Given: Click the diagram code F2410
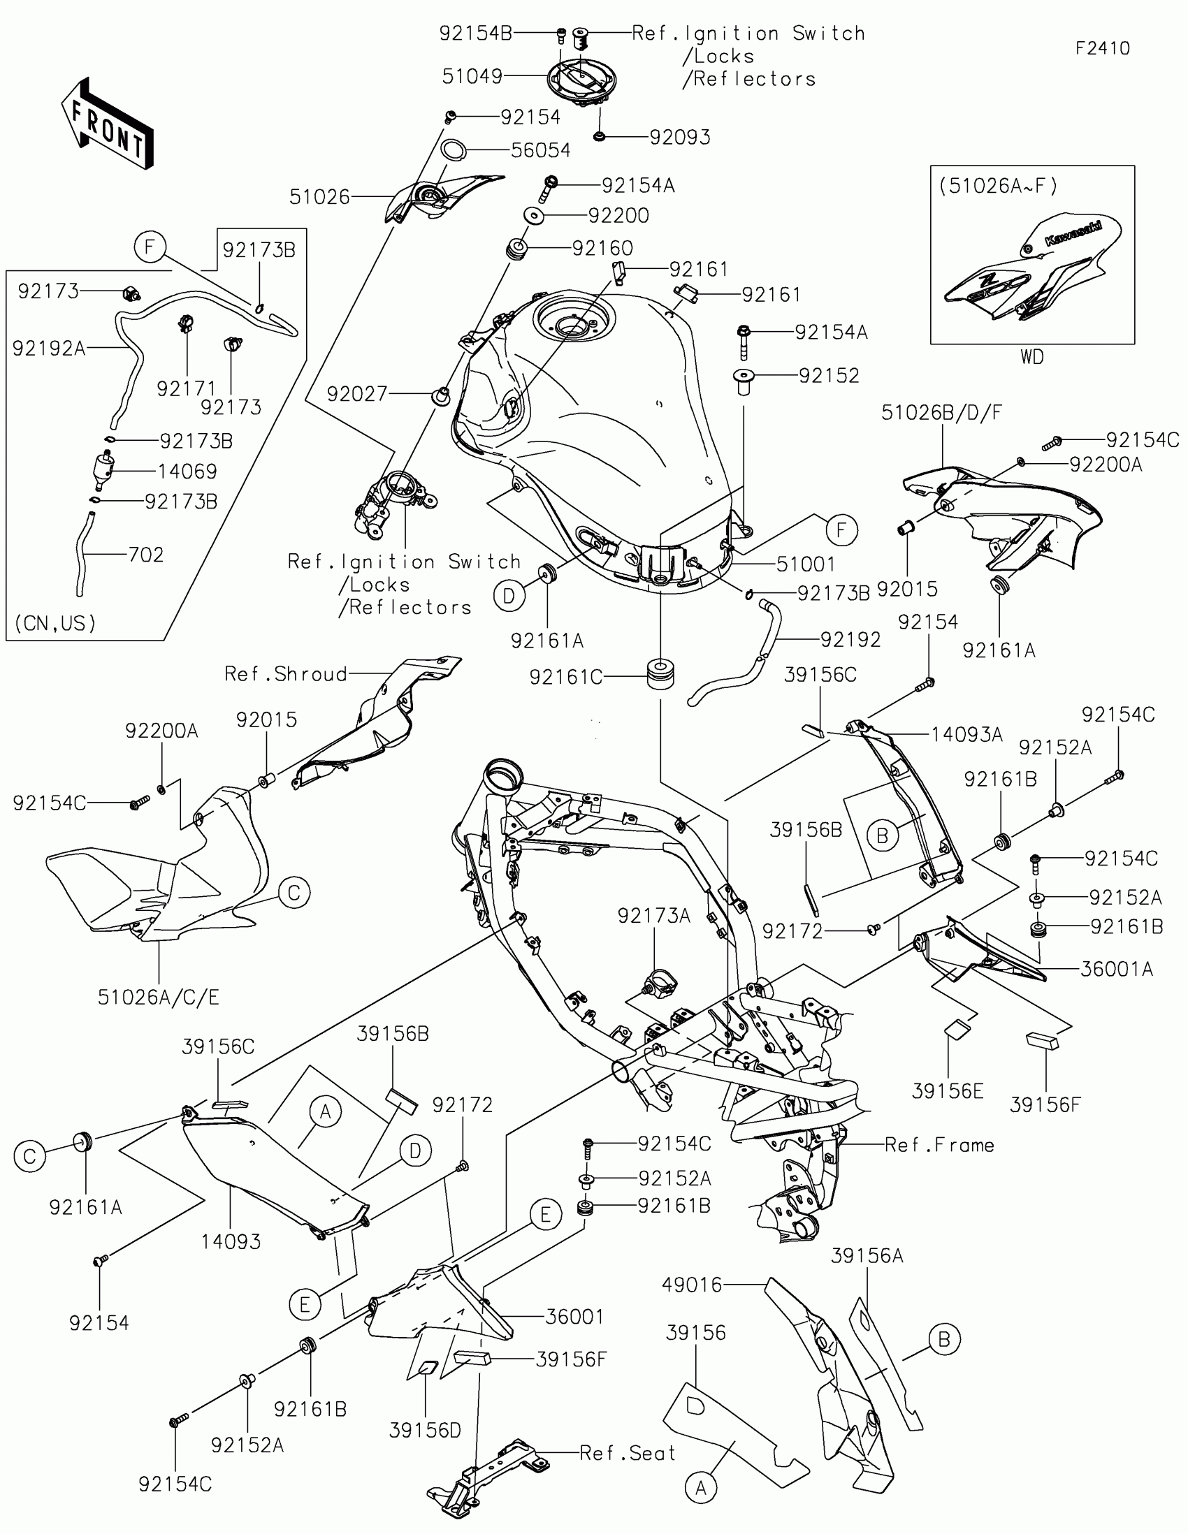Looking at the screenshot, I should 1102,48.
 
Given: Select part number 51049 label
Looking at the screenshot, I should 472,76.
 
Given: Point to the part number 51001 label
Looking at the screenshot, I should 806,564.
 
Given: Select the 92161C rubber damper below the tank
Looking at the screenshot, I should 660,673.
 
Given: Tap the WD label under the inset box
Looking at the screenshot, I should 1032,358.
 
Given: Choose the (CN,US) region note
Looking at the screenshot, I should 55,623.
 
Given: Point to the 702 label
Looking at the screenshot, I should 146,555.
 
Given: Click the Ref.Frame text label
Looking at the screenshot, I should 939,1145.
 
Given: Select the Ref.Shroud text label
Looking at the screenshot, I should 286,674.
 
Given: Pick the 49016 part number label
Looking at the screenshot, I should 692,1285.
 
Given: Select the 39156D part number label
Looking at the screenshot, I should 425,1430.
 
